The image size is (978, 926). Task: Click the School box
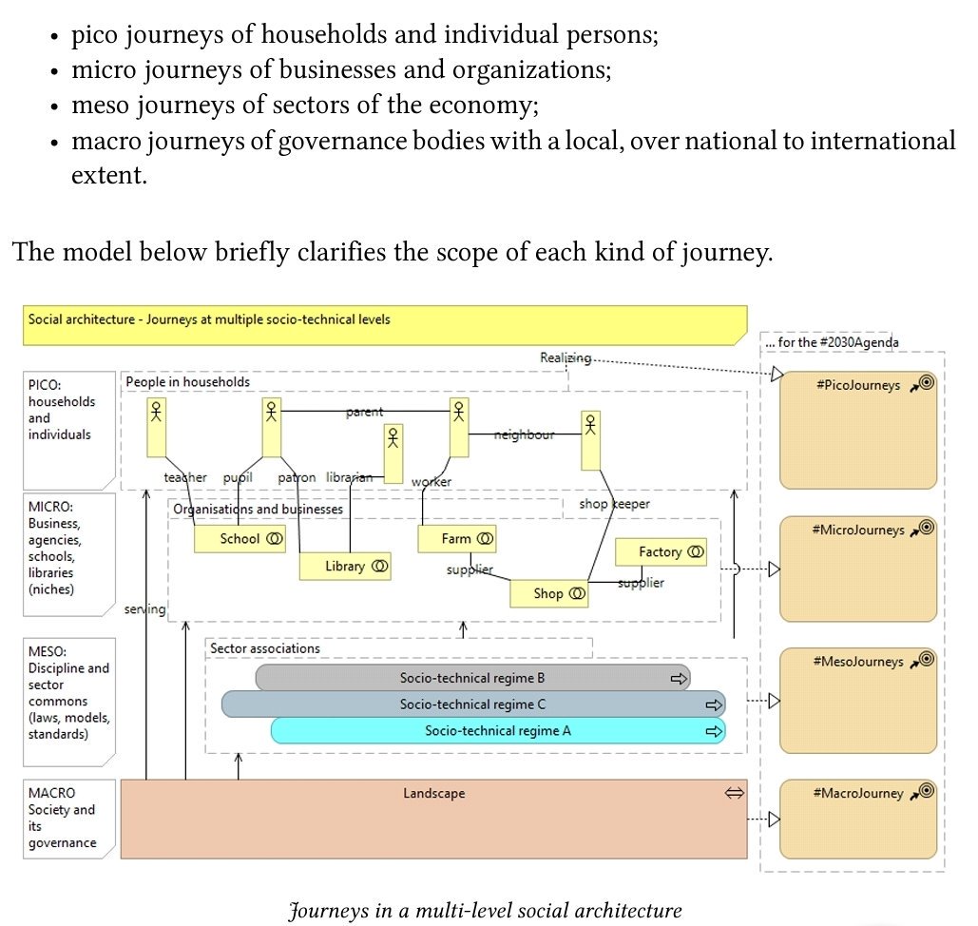point(240,539)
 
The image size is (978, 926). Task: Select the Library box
point(345,567)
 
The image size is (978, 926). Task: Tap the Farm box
point(457,539)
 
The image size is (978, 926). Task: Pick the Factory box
point(661,552)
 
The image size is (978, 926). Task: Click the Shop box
point(548,594)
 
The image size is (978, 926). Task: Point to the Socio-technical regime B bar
point(472,679)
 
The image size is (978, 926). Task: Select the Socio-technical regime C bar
point(472,704)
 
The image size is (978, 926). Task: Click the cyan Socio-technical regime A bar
point(497,731)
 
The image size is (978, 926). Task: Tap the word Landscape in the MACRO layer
point(433,793)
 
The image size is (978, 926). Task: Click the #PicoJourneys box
point(857,431)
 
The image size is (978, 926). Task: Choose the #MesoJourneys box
point(857,700)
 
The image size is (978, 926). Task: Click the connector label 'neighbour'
point(524,434)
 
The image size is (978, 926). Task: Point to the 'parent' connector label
point(365,412)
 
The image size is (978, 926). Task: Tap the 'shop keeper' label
point(614,504)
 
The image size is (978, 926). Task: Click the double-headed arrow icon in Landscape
point(734,793)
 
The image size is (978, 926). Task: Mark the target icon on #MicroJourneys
point(928,528)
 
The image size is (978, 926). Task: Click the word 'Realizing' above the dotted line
point(565,357)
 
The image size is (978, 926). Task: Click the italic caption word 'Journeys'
point(328,911)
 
